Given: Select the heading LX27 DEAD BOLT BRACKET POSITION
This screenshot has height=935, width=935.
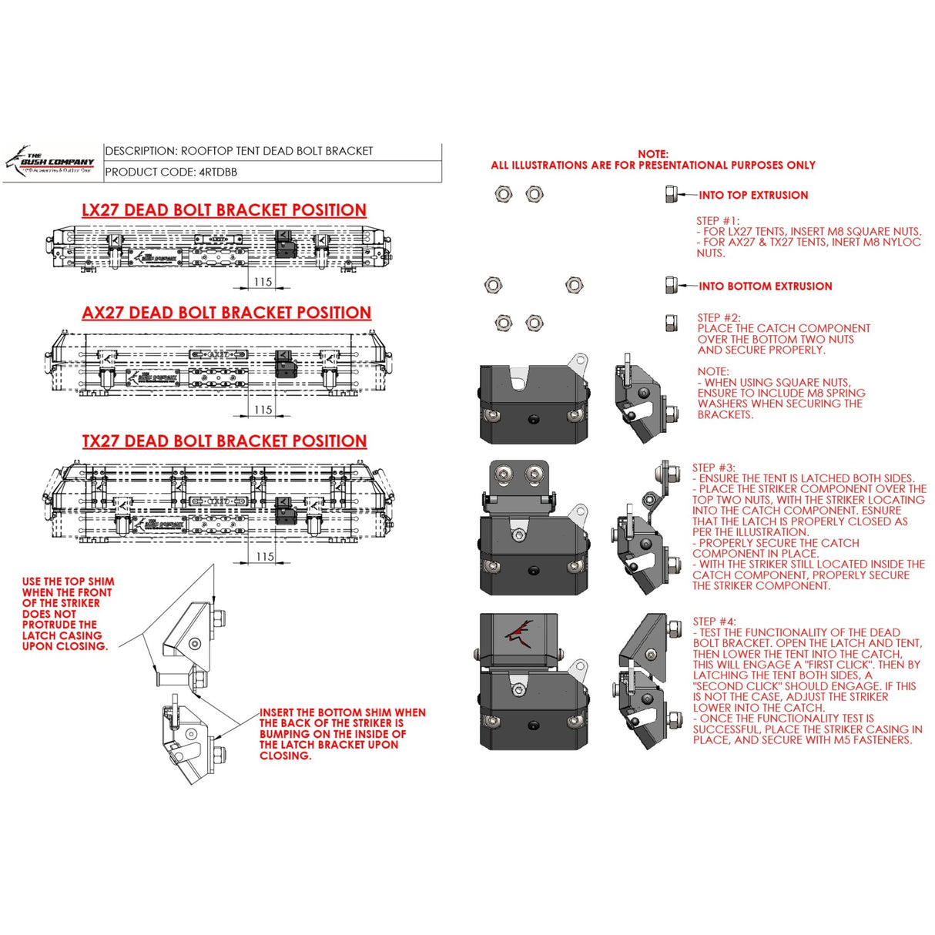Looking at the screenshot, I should click(223, 210).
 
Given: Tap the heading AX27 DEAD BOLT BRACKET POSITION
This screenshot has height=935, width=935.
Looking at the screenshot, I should click(226, 313).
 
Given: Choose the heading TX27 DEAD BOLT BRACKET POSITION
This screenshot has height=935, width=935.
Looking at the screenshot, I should click(224, 441).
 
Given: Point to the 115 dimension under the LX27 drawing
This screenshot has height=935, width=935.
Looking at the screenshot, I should click(263, 282).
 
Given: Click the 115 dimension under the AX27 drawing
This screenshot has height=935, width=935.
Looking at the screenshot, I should click(263, 410).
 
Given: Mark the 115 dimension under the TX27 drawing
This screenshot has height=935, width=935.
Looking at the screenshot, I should click(265, 556).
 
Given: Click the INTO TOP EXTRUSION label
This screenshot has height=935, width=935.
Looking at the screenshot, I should click(753, 196).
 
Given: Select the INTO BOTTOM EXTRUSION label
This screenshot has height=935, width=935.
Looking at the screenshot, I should click(765, 287).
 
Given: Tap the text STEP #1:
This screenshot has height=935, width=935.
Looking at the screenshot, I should click(717, 220).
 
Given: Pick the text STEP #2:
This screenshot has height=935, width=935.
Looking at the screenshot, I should click(719, 317).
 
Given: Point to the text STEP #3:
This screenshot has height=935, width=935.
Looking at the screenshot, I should click(714, 467).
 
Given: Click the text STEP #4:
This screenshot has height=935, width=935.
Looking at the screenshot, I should click(714, 622).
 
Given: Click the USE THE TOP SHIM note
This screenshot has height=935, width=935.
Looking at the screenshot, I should click(68, 614).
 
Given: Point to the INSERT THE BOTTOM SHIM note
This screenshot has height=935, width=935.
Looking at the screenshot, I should click(342, 734).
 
